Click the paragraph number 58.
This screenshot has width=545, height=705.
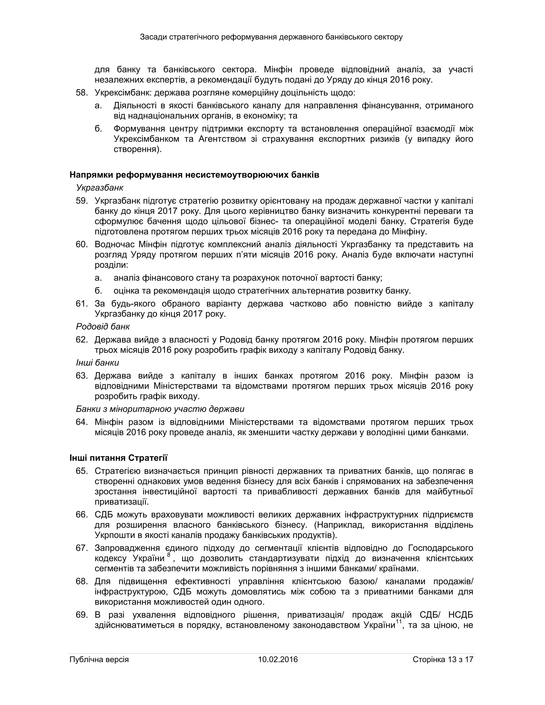coord(81,93)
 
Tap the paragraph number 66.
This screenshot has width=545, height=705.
coord(81,515)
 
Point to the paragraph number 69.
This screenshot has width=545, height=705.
coord(81,615)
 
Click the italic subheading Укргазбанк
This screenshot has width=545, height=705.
coord(100,188)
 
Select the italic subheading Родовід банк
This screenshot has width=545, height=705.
coord(103,327)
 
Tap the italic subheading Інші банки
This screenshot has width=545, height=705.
coord(97,363)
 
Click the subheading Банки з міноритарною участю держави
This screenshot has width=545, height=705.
coord(160,409)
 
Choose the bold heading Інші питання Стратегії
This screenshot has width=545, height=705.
coord(118,458)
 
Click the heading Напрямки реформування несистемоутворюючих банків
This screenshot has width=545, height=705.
coord(194,175)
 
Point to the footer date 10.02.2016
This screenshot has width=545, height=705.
coord(278,660)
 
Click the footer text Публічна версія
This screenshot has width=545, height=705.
coord(99,660)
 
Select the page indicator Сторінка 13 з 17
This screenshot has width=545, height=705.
coord(443,660)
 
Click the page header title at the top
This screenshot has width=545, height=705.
coord(271,37)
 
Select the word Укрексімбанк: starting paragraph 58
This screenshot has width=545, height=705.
coord(123,93)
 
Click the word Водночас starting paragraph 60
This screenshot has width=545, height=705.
coord(115,244)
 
